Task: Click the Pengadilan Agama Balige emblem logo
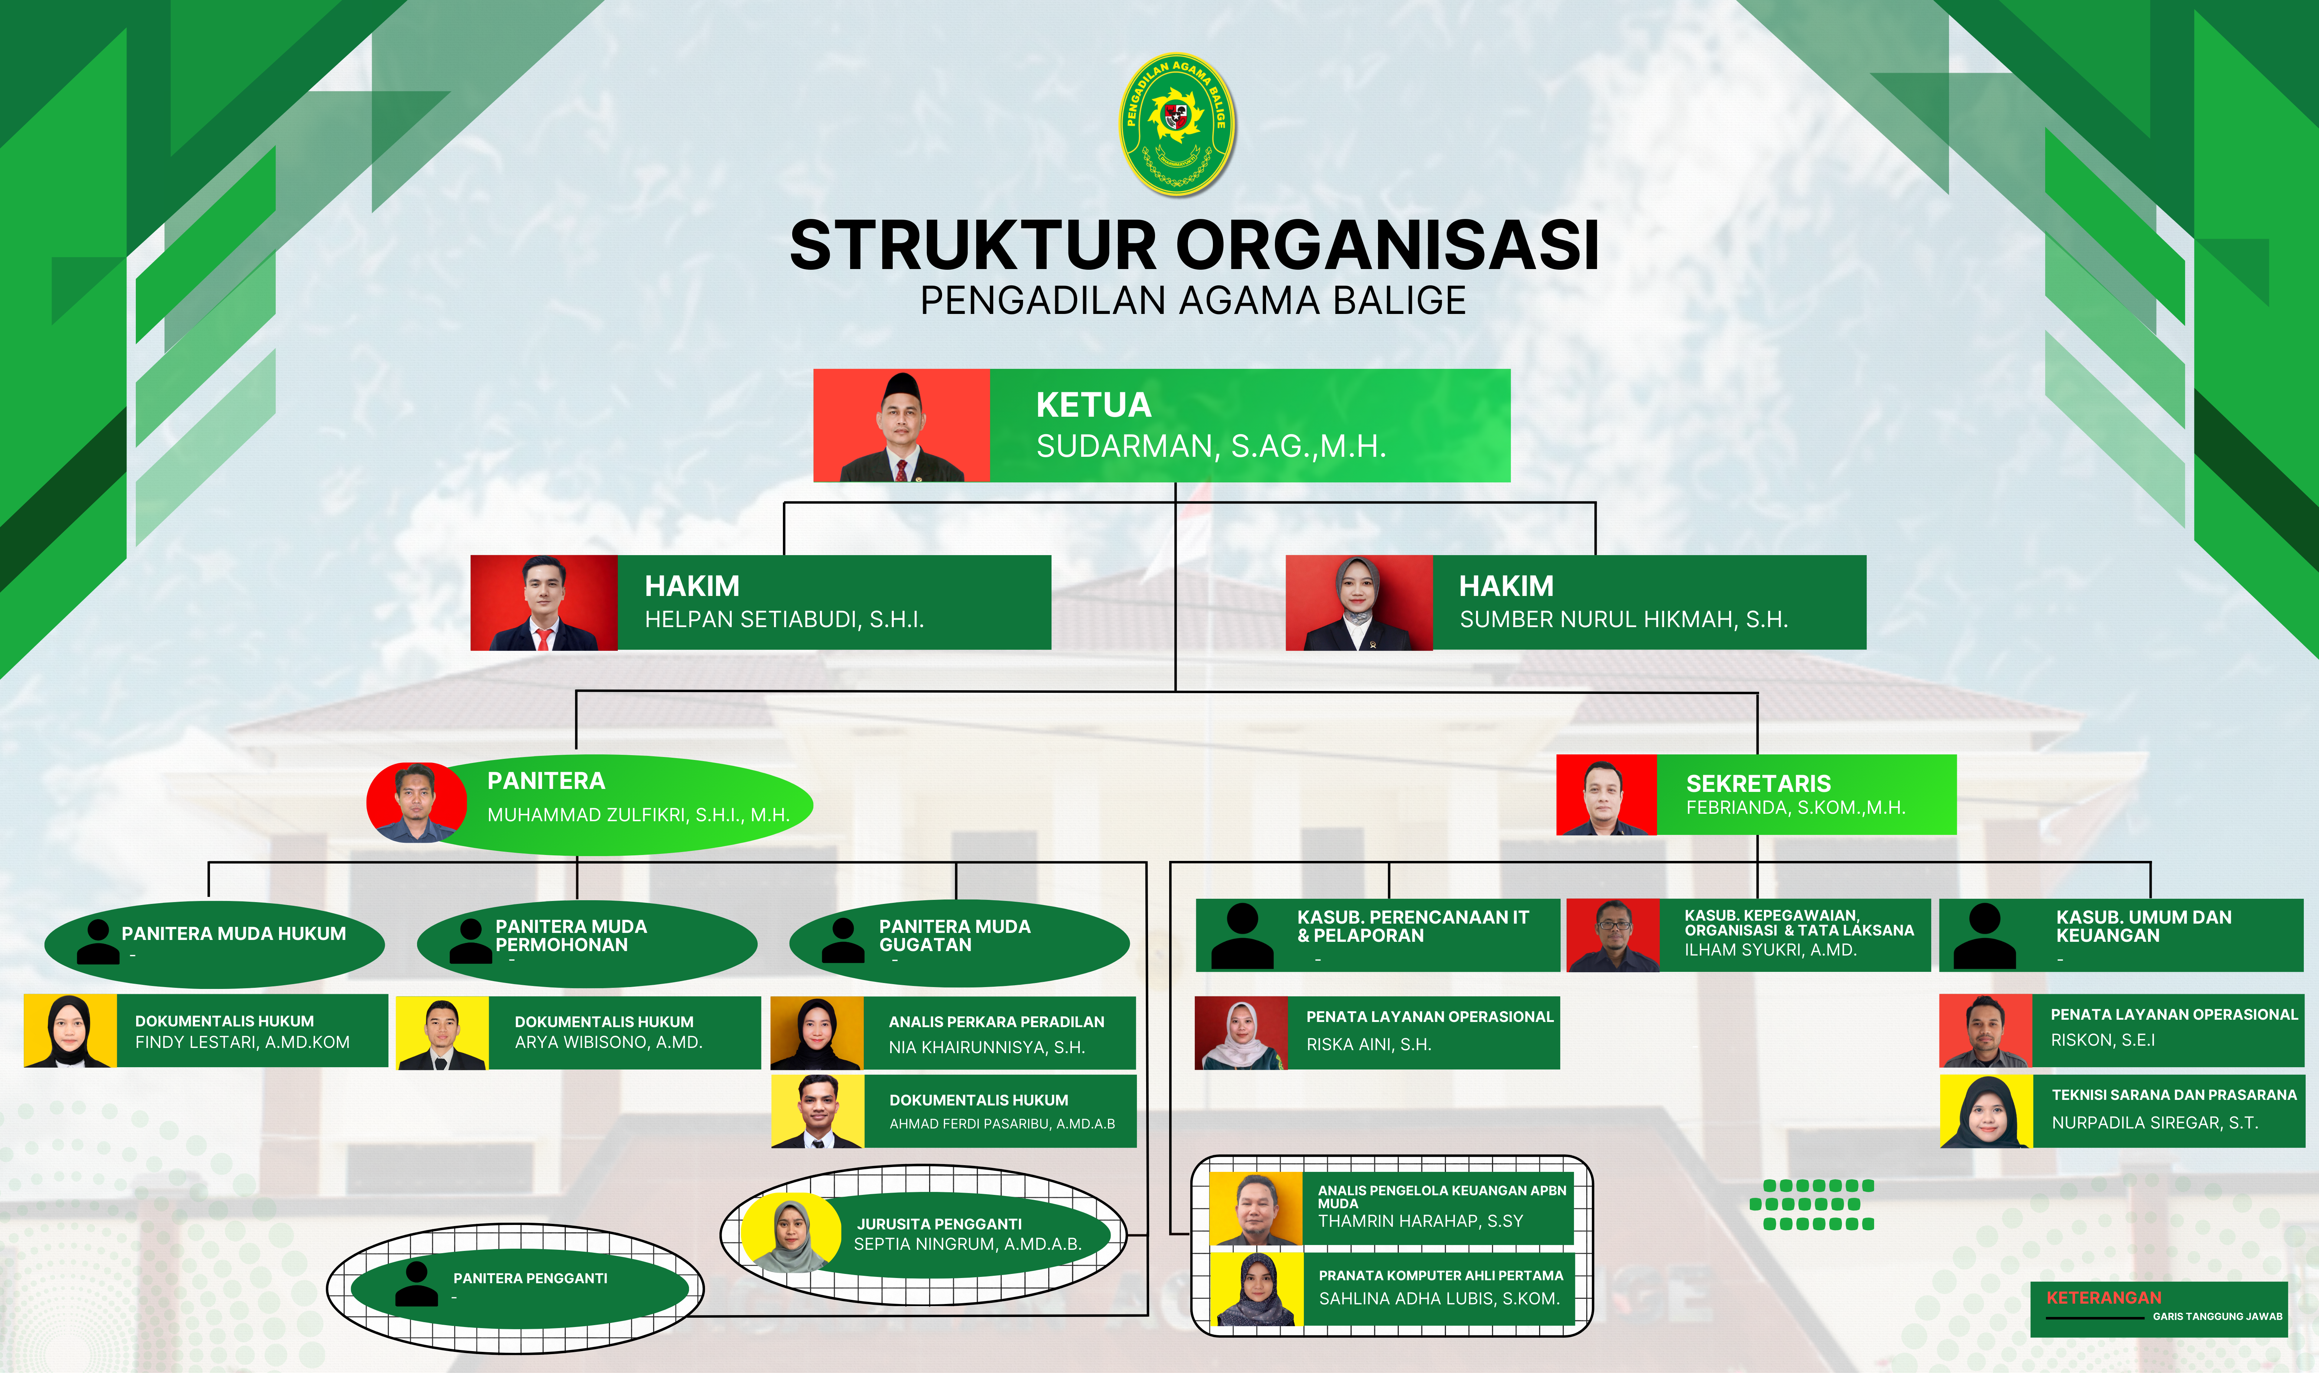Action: (1177, 123)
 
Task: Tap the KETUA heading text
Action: (1093, 405)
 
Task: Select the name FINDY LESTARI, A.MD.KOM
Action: (242, 1043)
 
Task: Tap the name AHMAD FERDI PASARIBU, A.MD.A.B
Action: (1002, 1124)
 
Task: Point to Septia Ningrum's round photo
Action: (791, 1233)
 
